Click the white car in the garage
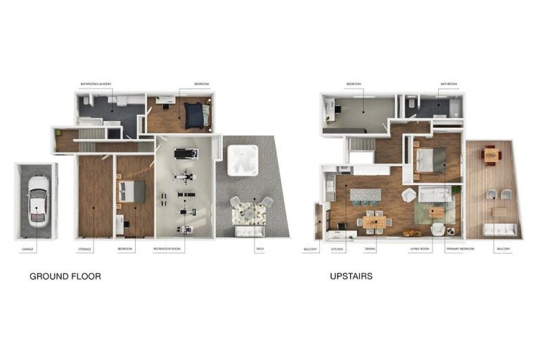37,201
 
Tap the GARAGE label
27,249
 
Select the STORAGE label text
84,249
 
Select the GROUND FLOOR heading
65,276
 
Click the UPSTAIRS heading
351,276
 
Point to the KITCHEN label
337,249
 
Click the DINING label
370,249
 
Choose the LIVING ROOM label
420,249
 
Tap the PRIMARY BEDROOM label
460,249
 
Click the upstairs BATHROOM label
449,84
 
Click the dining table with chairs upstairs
374,221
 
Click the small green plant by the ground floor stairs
58,132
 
